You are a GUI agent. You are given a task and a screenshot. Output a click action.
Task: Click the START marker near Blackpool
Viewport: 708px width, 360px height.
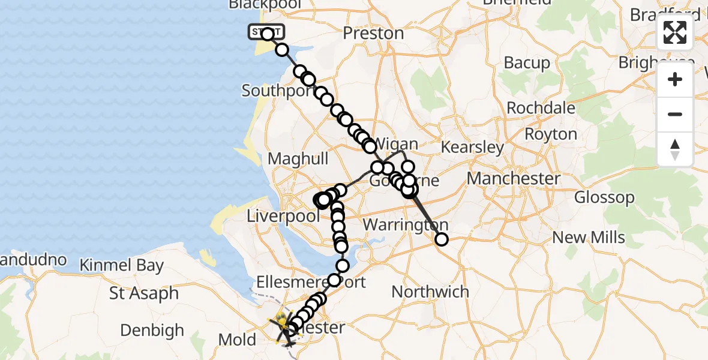point(264,32)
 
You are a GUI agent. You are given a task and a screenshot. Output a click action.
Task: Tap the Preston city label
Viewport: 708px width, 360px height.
point(374,34)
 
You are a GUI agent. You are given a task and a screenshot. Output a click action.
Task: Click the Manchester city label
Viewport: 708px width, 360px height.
point(514,178)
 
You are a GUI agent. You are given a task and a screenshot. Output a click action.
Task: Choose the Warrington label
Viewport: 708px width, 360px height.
point(405,226)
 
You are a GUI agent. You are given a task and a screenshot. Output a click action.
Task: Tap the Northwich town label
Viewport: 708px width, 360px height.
point(430,292)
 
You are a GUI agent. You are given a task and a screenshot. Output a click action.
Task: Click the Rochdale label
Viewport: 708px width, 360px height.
point(541,109)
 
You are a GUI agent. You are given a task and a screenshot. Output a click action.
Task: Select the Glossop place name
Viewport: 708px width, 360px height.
point(604,197)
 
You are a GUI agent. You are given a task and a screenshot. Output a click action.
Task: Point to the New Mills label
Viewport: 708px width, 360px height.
point(589,238)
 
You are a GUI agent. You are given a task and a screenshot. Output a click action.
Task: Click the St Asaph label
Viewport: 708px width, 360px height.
point(144,293)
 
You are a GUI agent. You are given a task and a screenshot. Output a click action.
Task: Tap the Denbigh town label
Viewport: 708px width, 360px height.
point(152,330)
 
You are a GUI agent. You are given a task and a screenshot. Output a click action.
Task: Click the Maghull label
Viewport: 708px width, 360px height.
point(298,159)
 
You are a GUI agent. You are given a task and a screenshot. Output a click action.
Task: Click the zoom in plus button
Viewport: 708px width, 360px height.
point(675,79)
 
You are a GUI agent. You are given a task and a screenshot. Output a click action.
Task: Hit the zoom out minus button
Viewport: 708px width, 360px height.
point(675,114)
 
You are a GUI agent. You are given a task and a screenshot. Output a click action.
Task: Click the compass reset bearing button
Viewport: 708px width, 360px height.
point(675,149)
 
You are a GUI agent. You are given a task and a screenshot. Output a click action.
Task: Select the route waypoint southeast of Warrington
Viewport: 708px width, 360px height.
point(441,239)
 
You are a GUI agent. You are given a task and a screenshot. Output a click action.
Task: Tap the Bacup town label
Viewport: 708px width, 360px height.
point(527,62)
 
